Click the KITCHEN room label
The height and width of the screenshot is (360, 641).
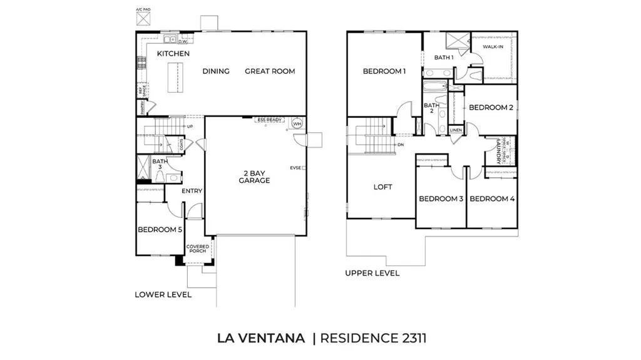point(173,54)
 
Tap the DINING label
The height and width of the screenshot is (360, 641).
point(216,71)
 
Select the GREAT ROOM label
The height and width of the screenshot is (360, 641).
point(269,71)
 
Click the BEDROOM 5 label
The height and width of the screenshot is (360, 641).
point(160,230)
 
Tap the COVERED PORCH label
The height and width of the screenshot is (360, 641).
point(197,249)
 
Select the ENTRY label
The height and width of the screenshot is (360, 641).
point(192,191)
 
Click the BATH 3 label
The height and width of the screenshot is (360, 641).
point(160,165)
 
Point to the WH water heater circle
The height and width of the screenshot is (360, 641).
point(297,124)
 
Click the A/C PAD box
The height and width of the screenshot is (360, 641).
point(143,19)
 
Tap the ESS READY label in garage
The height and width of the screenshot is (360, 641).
point(270,119)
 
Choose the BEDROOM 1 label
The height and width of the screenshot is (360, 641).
point(384,71)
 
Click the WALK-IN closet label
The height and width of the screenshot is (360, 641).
point(493,46)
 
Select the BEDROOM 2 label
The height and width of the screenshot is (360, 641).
point(491,108)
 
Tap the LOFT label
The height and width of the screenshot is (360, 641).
point(382,187)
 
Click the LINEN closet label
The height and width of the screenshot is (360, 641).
point(456,130)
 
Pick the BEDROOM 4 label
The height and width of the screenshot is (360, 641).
point(491,199)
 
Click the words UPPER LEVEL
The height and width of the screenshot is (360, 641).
point(372,273)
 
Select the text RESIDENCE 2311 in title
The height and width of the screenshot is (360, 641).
point(373,338)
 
